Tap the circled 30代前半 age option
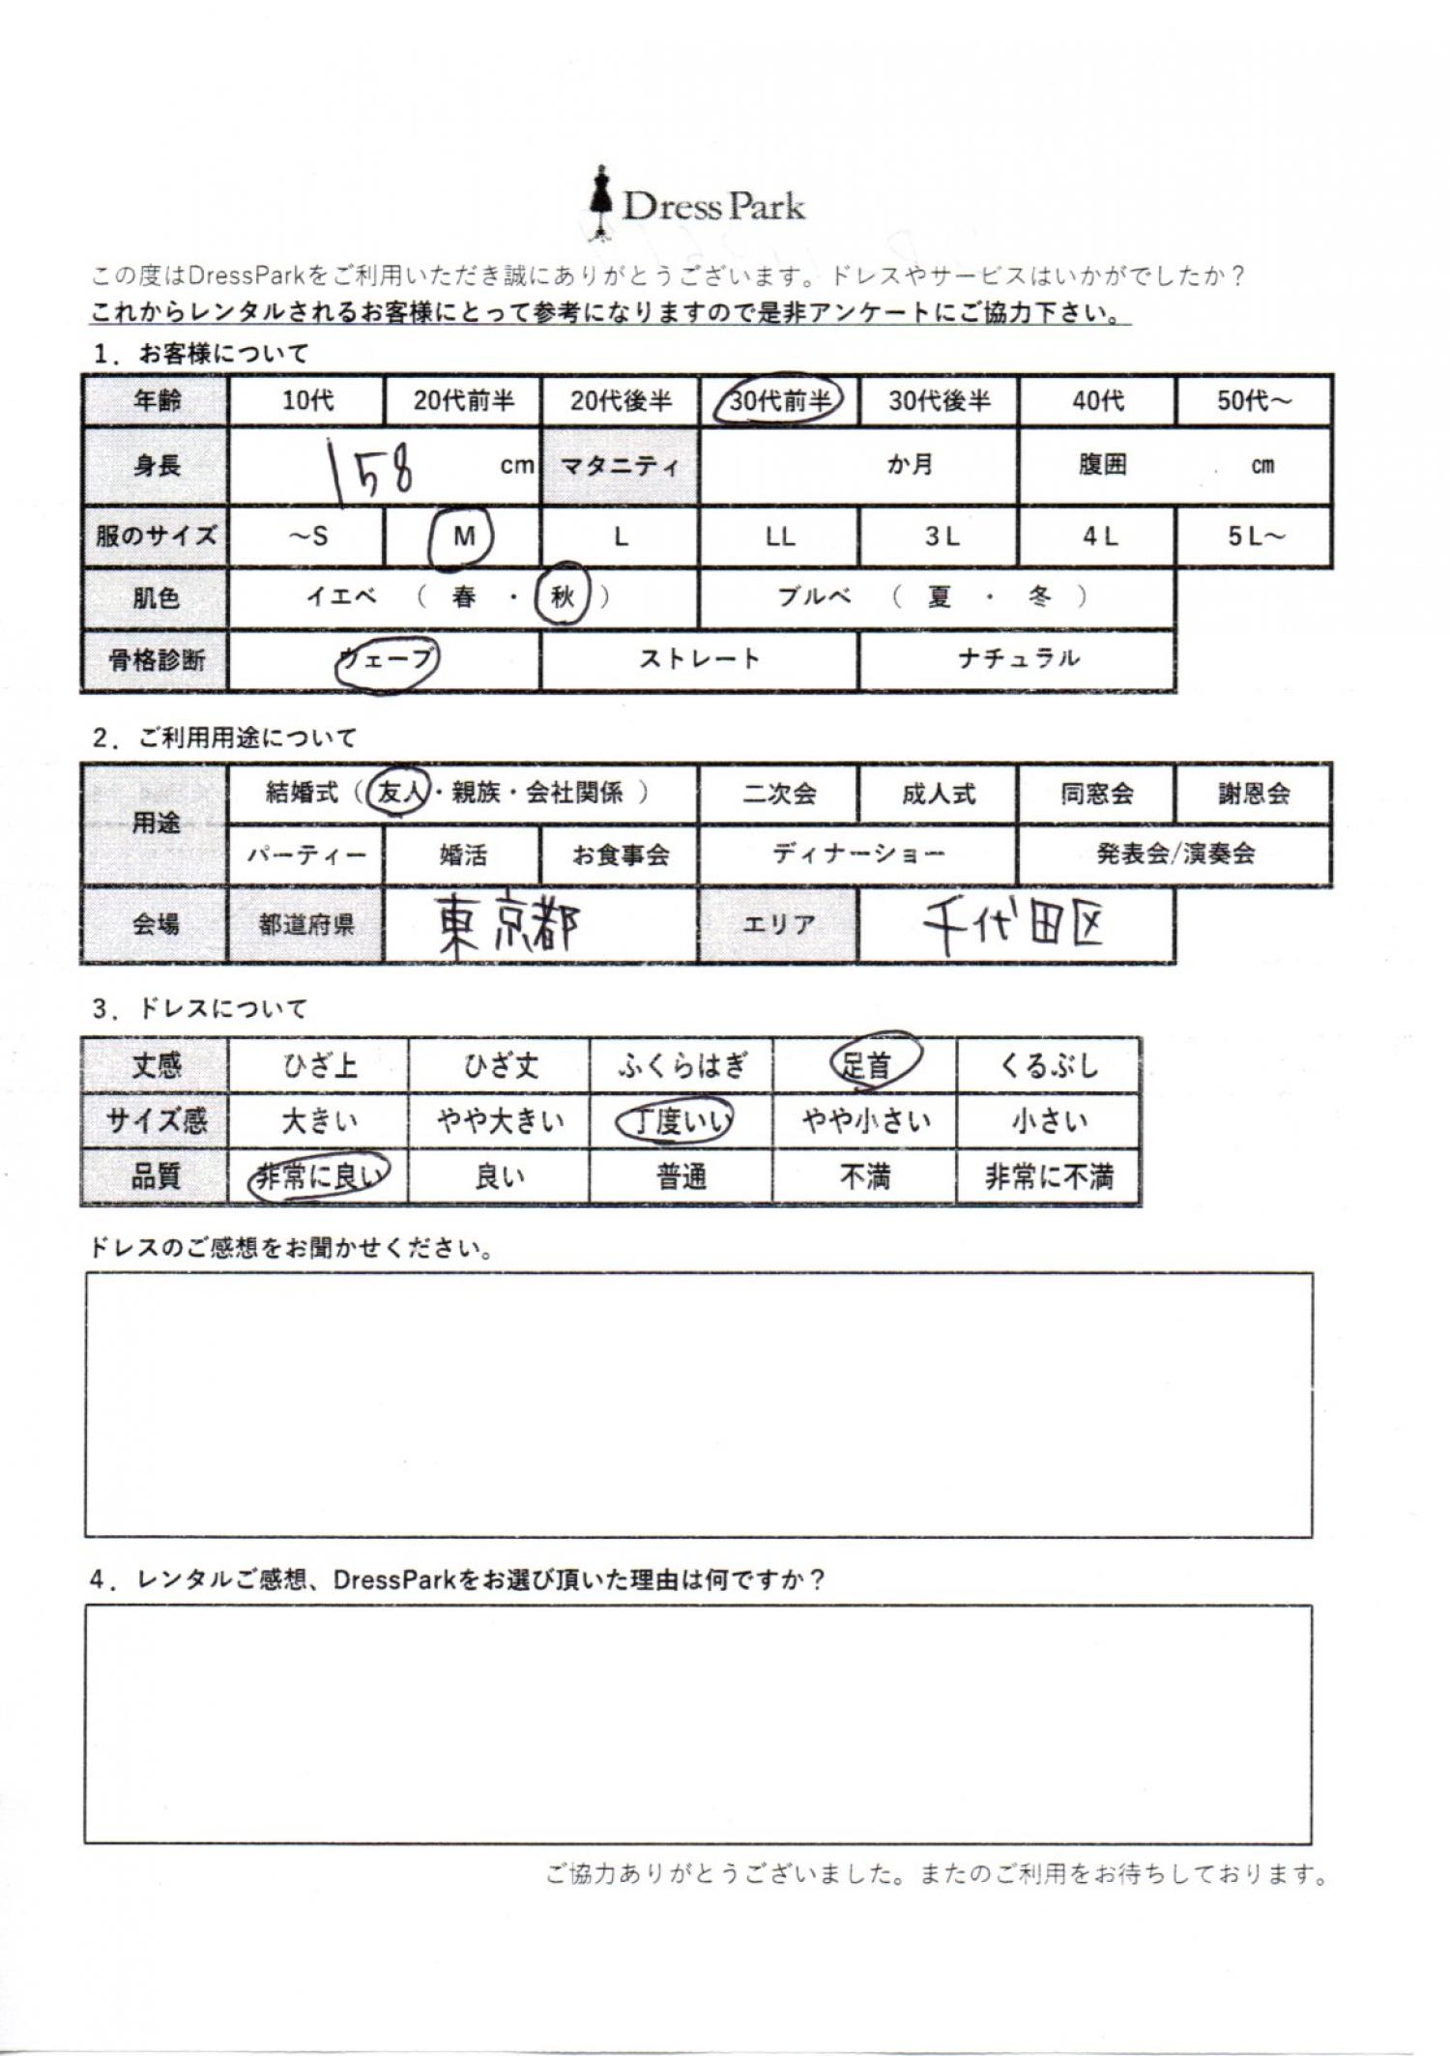pyautogui.click(x=779, y=399)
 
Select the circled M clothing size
pyautogui.click(x=463, y=536)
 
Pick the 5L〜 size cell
pyautogui.click(x=1254, y=536)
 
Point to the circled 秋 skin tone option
pyautogui.click(x=563, y=596)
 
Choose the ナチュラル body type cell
pyautogui.click(x=1017, y=659)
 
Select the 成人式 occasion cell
pyautogui.click(x=938, y=795)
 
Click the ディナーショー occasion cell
pyautogui.click(x=858, y=854)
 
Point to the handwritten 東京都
pyautogui.click(x=508, y=925)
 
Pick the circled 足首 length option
pyautogui.click(x=866, y=1065)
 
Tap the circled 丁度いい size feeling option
pyautogui.click(x=679, y=1121)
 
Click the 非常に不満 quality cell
pyautogui.click(x=1048, y=1176)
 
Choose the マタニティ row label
pyautogui.click(x=620, y=467)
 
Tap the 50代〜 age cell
pyautogui.click(x=1254, y=400)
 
